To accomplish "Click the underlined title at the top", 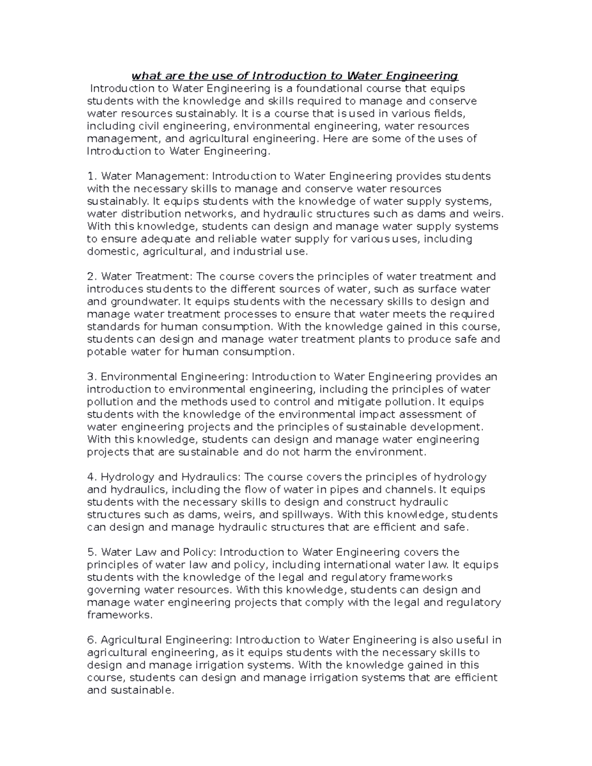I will point(295,76).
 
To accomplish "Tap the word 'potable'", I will point(106,352).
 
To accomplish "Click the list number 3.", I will point(90,377).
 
